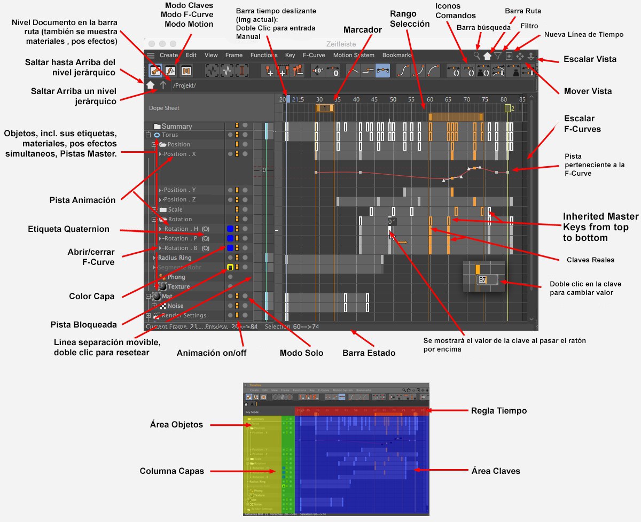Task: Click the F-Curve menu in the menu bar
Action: coord(314,55)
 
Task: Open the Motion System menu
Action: coord(354,55)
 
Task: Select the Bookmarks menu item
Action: coord(397,55)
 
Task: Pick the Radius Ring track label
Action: coord(175,258)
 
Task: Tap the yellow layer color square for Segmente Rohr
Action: coord(230,267)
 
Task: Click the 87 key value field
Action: coord(483,279)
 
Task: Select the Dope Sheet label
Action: coord(164,108)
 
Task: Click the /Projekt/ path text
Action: coord(184,85)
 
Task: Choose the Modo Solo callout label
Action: coord(301,353)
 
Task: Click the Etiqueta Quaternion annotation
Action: coord(68,229)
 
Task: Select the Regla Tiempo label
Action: coord(498,410)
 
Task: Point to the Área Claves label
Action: coord(496,471)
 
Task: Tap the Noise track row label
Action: coord(175,306)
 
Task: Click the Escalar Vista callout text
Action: coord(590,59)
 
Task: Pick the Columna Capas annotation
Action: coord(172,471)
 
